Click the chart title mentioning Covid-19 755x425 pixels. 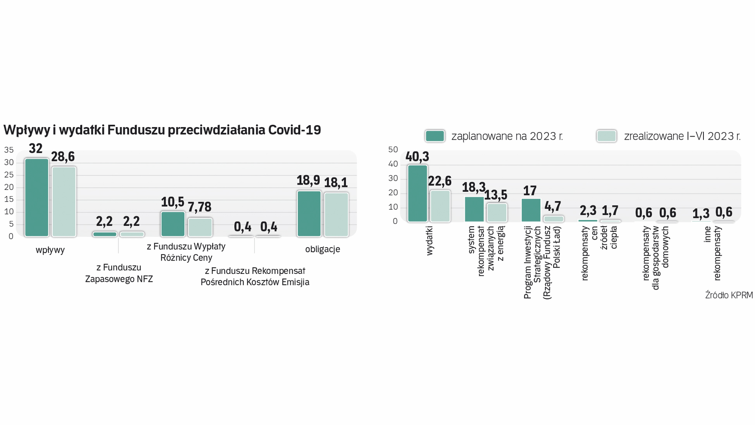[162, 130]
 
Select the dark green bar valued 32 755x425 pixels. [37, 198]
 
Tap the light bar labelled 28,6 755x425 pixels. [64, 201]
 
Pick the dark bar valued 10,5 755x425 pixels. [173, 224]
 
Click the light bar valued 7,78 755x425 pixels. [200, 227]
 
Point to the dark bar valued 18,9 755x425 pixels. [309, 214]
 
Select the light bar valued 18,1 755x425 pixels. [336, 214]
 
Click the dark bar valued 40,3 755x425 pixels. [417, 193]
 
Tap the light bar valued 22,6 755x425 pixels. [440, 206]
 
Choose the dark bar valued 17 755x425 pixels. [531, 210]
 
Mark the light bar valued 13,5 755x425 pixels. [497, 213]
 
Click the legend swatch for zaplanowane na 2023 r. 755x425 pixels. [435, 136]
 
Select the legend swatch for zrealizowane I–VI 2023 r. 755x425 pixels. [606, 136]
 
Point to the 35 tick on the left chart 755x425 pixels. [9, 150]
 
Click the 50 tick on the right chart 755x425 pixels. [393, 150]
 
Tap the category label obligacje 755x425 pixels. [322, 249]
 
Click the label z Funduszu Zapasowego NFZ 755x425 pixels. [119, 273]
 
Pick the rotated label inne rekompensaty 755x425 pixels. [712, 253]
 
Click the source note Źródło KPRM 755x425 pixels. [729, 295]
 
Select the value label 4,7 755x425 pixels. [552, 206]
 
